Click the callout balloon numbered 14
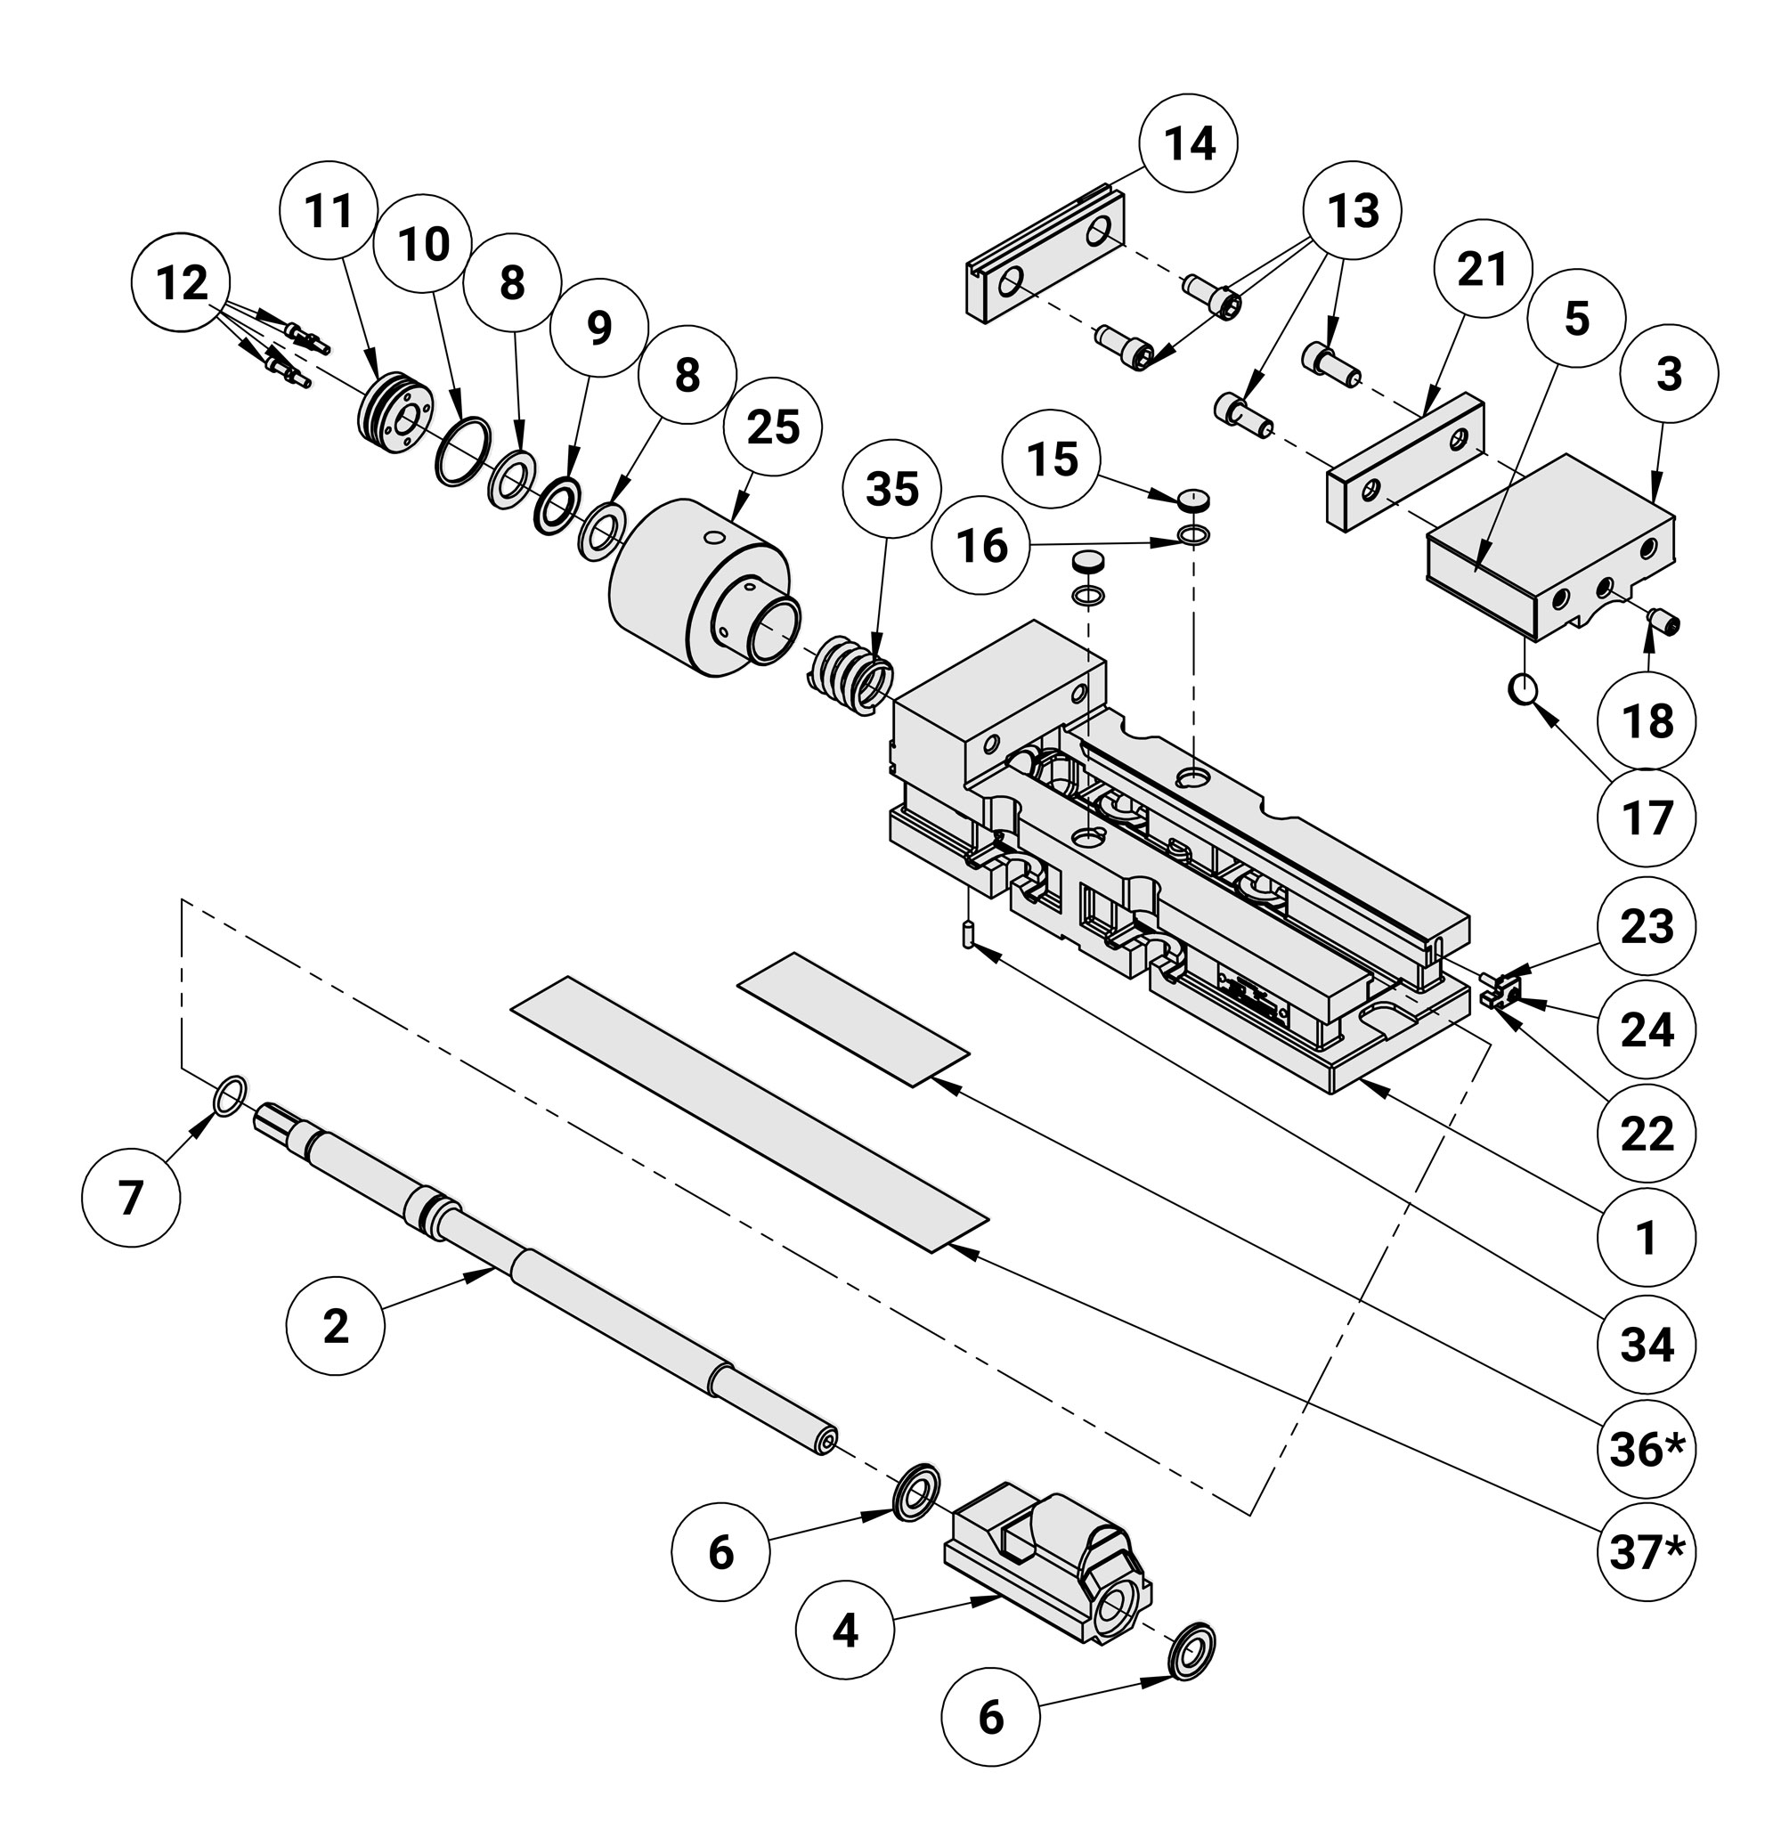(1188, 143)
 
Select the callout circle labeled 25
(773, 427)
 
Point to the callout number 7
(130, 1198)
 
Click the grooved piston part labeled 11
(394, 412)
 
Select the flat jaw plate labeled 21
(1405, 462)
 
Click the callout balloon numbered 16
(982, 545)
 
